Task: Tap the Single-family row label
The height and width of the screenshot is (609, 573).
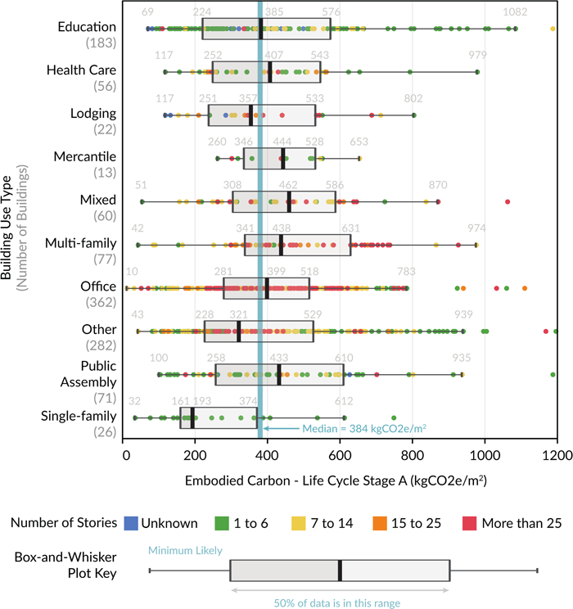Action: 79,417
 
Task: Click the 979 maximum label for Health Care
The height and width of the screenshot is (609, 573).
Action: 477,56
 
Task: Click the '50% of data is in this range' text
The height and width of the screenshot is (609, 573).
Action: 339,602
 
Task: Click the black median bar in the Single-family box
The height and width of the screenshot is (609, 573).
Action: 192,417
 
